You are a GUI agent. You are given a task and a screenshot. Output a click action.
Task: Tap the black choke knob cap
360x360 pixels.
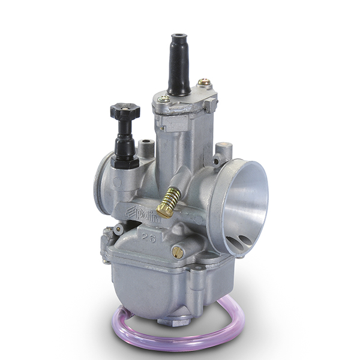click(x=125, y=112)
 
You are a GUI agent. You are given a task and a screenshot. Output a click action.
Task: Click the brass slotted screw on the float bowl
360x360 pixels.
click(x=178, y=253)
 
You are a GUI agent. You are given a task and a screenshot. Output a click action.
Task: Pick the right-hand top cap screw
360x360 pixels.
click(x=204, y=82)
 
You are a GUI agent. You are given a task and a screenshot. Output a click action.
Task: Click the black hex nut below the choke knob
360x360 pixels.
click(x=125, y=160)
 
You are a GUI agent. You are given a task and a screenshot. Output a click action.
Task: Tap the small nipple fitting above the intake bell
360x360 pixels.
click(x=223, y=152)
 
